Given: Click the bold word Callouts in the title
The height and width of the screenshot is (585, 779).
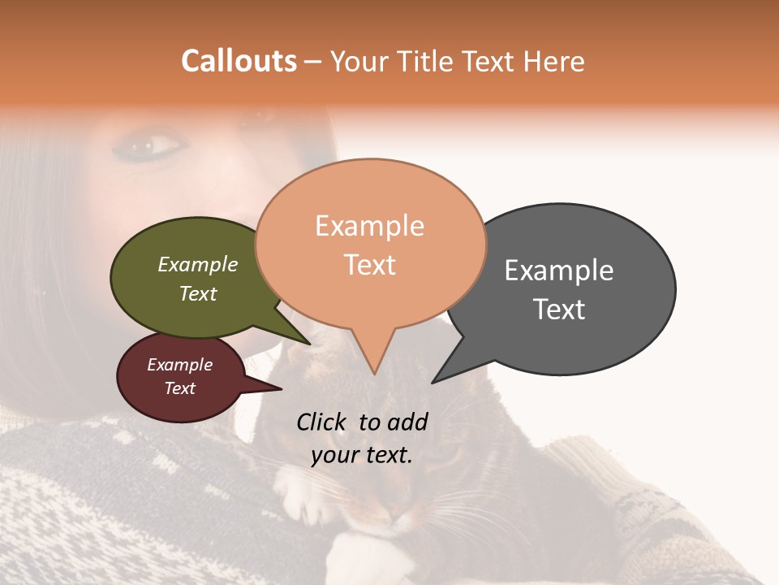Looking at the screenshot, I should pos(239,61).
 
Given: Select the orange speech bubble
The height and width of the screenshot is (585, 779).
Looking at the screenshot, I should pos(370,244).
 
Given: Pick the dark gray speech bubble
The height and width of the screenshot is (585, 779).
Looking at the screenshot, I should pos(568,288).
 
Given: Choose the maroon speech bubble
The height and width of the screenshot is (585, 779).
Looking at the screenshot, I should pos(180,377).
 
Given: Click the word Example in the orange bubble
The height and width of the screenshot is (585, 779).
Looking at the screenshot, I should pos(369,226).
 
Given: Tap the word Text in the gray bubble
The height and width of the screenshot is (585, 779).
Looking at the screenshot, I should pos(559,310).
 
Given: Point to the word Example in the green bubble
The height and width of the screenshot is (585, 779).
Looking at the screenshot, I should pos(197,265).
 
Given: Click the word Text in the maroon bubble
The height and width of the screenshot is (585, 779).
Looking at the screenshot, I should pos(179,388).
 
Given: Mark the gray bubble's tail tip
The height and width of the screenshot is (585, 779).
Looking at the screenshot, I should pos(433,382).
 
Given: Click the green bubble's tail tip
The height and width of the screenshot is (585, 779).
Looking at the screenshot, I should pos(308,343).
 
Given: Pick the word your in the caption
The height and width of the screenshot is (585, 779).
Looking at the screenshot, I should pos(334,455).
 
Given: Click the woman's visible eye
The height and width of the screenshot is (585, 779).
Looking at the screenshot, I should pos(154,146).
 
